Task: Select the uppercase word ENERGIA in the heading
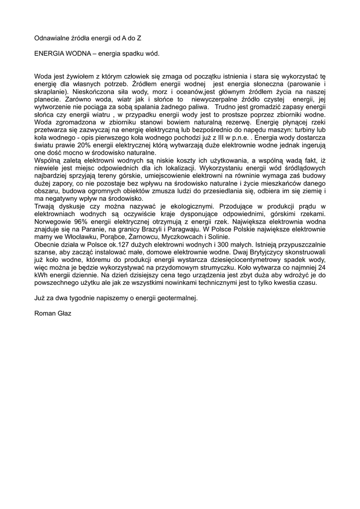click(49, 53)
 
